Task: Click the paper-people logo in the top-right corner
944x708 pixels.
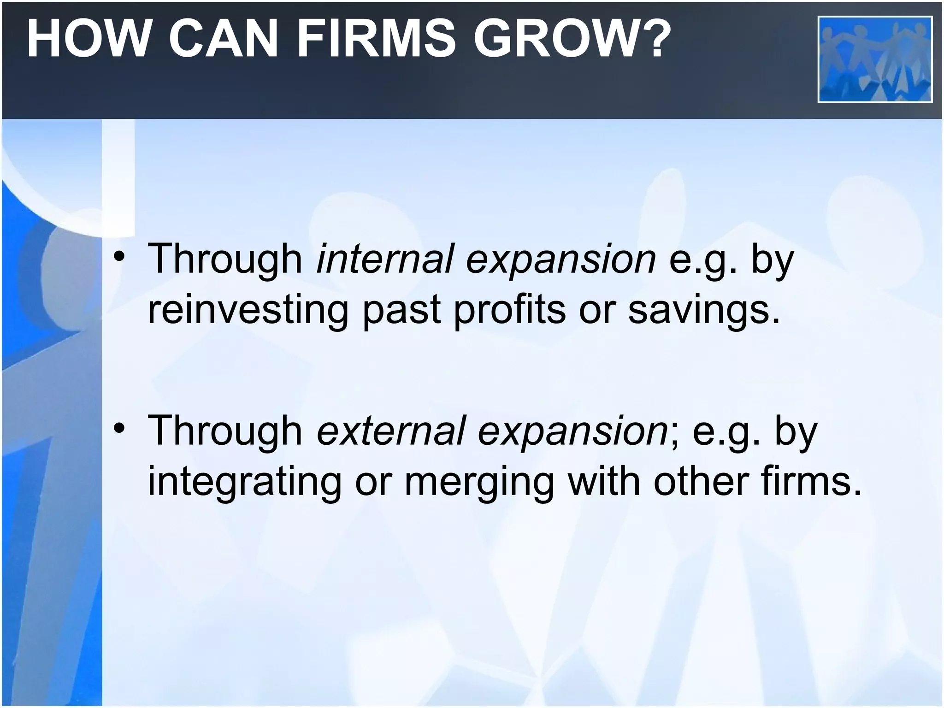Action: click(x=875, y=59)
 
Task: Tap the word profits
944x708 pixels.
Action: click(x=509, y=311)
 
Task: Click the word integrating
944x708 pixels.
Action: click(x=244, y=482)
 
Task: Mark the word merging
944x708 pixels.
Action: click(x=479, y=482)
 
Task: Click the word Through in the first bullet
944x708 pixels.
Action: click(x=225, y=259)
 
